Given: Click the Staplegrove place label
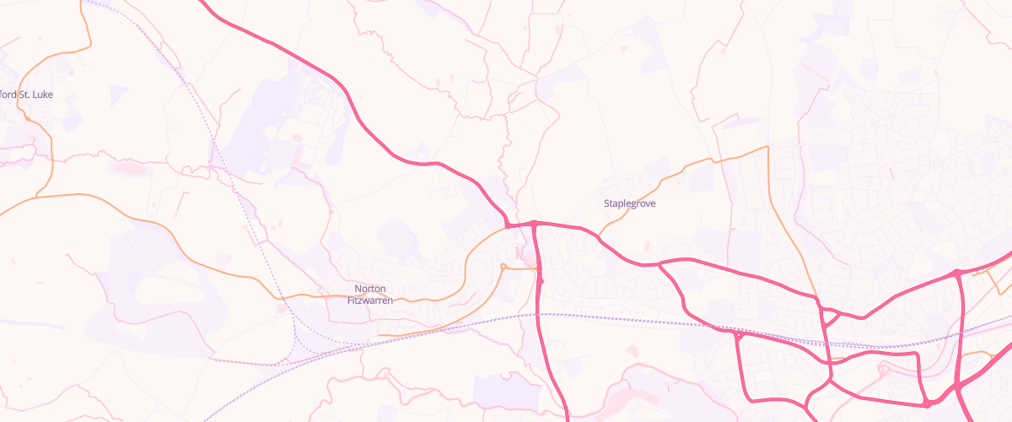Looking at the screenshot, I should coord(629,203).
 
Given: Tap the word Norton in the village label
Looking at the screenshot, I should coord(370,289).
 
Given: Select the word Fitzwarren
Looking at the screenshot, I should coord(370,300).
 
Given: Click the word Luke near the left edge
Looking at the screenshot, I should coord(43,95).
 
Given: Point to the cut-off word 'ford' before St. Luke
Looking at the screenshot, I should coord(8,95).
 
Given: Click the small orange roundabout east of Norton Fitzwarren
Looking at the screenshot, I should coord(503,268).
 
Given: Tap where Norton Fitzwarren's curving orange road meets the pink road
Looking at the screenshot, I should coord(509,226).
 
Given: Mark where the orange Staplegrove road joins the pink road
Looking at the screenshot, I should coord(599,235).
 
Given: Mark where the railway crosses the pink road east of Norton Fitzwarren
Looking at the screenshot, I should coord(539,315).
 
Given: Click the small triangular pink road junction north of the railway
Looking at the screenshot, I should coord(828,317).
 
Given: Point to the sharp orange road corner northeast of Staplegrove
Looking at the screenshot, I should coord(767,148).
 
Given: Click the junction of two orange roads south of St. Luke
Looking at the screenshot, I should coord(36,197).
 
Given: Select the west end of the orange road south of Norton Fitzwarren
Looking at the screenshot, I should coord(379,334).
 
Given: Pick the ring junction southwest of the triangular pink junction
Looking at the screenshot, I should coord(738,336).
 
